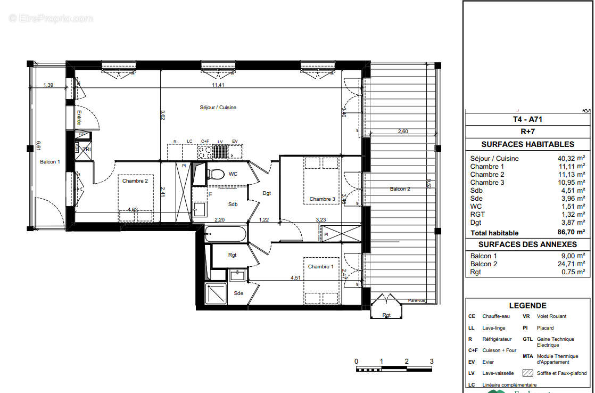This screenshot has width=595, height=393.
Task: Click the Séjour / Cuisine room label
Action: (218, 108)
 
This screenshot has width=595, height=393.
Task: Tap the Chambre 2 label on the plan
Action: (135, 181)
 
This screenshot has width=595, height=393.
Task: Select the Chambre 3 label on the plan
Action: (322, 199)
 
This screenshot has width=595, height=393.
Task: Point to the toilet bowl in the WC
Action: (216, 174)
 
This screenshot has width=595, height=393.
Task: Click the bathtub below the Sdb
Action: (226, 233)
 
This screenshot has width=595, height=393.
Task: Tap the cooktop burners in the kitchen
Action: (205, 152)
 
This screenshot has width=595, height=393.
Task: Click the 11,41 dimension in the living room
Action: (219, 85)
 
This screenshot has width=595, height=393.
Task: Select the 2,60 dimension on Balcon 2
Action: (403, 132)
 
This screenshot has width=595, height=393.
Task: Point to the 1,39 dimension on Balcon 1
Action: (48, 85)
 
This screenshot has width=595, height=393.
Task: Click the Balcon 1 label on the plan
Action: (50, 162)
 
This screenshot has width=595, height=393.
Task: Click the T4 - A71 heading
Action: (527, 120)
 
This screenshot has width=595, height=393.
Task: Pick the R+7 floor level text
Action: (527, 132)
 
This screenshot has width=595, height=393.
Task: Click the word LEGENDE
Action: (527, 306)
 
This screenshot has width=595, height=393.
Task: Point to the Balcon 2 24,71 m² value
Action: (573, 264)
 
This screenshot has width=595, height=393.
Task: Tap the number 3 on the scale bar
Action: (432, 361)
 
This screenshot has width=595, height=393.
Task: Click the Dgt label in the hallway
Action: (267, 193)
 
